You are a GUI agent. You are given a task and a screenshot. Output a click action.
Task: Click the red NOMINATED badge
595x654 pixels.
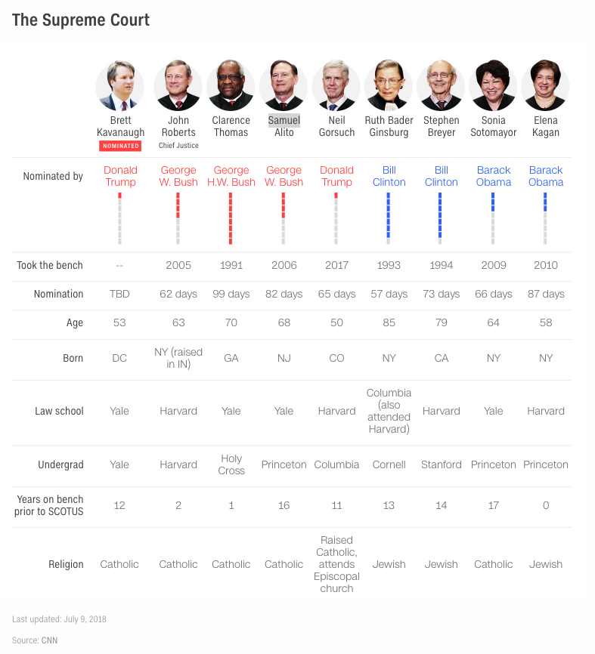coord(119,146)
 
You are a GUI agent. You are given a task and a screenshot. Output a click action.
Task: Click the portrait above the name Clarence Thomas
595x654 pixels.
coord(231,85)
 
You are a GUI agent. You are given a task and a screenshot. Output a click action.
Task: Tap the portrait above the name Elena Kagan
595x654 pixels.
coord(546,85)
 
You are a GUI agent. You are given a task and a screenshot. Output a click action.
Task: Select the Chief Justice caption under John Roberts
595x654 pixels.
coord(178,146)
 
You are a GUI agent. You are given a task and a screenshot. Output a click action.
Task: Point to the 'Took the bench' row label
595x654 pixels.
coord(50,265)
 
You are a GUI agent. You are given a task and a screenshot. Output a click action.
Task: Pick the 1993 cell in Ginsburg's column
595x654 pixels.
coord(389,265)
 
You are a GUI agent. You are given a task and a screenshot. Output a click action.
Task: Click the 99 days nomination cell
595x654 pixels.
coord(231,294)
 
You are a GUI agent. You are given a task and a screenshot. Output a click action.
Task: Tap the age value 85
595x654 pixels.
coord(389,322)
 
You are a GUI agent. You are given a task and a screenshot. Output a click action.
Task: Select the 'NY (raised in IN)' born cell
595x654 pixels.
coord(178,358)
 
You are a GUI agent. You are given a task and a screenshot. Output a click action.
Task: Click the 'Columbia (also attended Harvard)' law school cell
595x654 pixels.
coord(389,411)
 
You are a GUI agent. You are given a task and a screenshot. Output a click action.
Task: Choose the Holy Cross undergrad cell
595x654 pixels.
coord(231,464)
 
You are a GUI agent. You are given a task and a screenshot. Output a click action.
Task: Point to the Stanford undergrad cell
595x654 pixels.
coord(442,464)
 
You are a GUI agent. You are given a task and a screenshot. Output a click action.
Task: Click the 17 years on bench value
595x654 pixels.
coord(494,505)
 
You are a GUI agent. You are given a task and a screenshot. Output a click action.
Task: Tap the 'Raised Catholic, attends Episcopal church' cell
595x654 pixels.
coord(336,564)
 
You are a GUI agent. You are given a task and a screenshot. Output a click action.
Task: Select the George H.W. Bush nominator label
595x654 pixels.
coord(231,176)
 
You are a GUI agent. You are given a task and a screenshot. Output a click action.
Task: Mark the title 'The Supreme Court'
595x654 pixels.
coord(81,20)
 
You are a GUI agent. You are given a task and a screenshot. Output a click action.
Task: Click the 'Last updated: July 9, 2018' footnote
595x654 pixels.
coord(59,619)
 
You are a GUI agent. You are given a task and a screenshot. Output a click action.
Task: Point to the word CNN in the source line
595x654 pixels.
coord(49,640)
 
